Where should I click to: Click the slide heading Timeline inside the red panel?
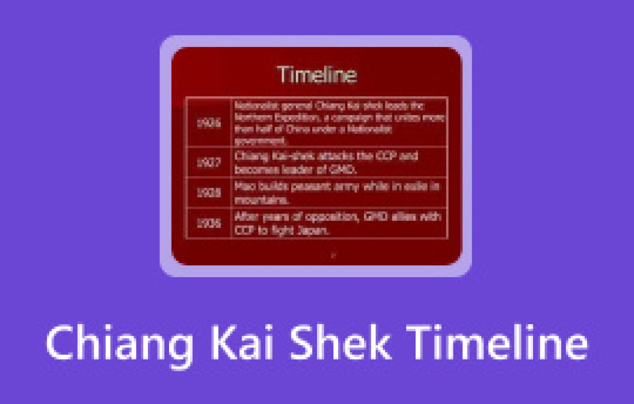coord(317,75)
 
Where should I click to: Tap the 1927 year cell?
coord(209,163)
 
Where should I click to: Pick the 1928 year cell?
coord(209,193)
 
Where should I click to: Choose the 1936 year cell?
coord(209,223)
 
